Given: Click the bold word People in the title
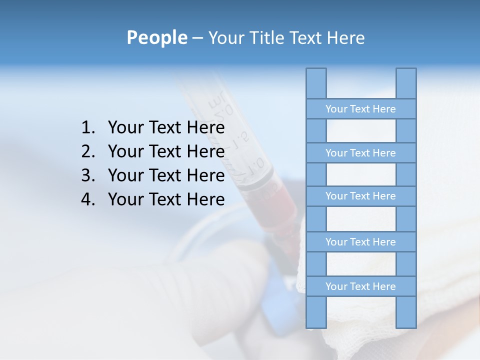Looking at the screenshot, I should (x=156, y=37).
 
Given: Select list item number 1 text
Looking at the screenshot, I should (x=166, y=127).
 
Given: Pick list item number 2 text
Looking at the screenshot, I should (x=166, y=151).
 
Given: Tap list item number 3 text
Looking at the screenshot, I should (x=166, y=175).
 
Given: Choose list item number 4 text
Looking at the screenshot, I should (x=166, y=199).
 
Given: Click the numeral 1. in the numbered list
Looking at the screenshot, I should (x=88, y=127).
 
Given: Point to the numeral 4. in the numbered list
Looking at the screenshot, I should (x=88, y=199).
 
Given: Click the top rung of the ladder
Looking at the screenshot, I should (x=360, y=109).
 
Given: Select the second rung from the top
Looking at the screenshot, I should (x=360, y=153).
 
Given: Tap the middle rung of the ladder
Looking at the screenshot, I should (x=360, y=196).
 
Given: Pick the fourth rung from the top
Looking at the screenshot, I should (x=360, y=242).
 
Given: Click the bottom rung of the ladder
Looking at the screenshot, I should (x=360, y=286).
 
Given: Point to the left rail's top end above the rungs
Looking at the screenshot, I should (x=316, y=83).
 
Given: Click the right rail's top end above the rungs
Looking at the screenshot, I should (x=406, y=83).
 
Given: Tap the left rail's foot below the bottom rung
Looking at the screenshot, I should (x=316, y=312).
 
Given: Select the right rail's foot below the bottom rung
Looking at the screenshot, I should (x=406, y=312).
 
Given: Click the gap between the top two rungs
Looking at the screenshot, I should (x=360, y=131).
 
